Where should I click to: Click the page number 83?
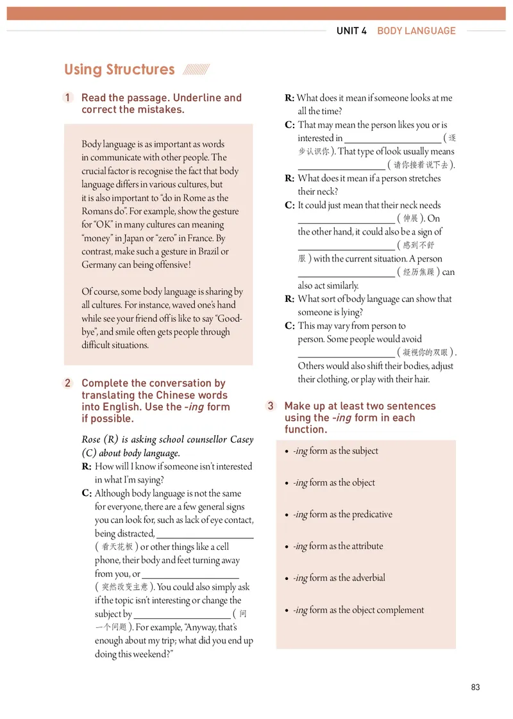pyautogui.click(x=475, y=688)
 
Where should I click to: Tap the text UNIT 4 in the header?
pyautogui.click(x=351, y=31)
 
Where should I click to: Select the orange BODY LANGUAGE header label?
pyautogui.click(x=416, y=31)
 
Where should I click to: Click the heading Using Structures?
pyautogui.click(x=119, y=70)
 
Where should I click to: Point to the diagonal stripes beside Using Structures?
pyautogui.click(x=196, y=70)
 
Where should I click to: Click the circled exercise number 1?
pyautogui.click(x=68, y=98)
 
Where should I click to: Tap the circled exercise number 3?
pyautogui.click(x=271, y=406)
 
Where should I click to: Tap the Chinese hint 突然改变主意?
pyautogui.click(x=125, y=587)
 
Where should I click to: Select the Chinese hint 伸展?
pyautogui.click(x=410, y=219)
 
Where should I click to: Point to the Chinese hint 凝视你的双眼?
pyautogui.click(x=426, y=352)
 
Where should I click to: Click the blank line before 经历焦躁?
pyautogui.click(x=346, y=272)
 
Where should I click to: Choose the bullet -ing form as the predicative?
pyautogui.click(x=342, y=515)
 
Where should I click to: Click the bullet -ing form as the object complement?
pyautogui.click(x=358, y=610)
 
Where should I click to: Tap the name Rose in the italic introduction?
pyautogui.click(x=91, y=440)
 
